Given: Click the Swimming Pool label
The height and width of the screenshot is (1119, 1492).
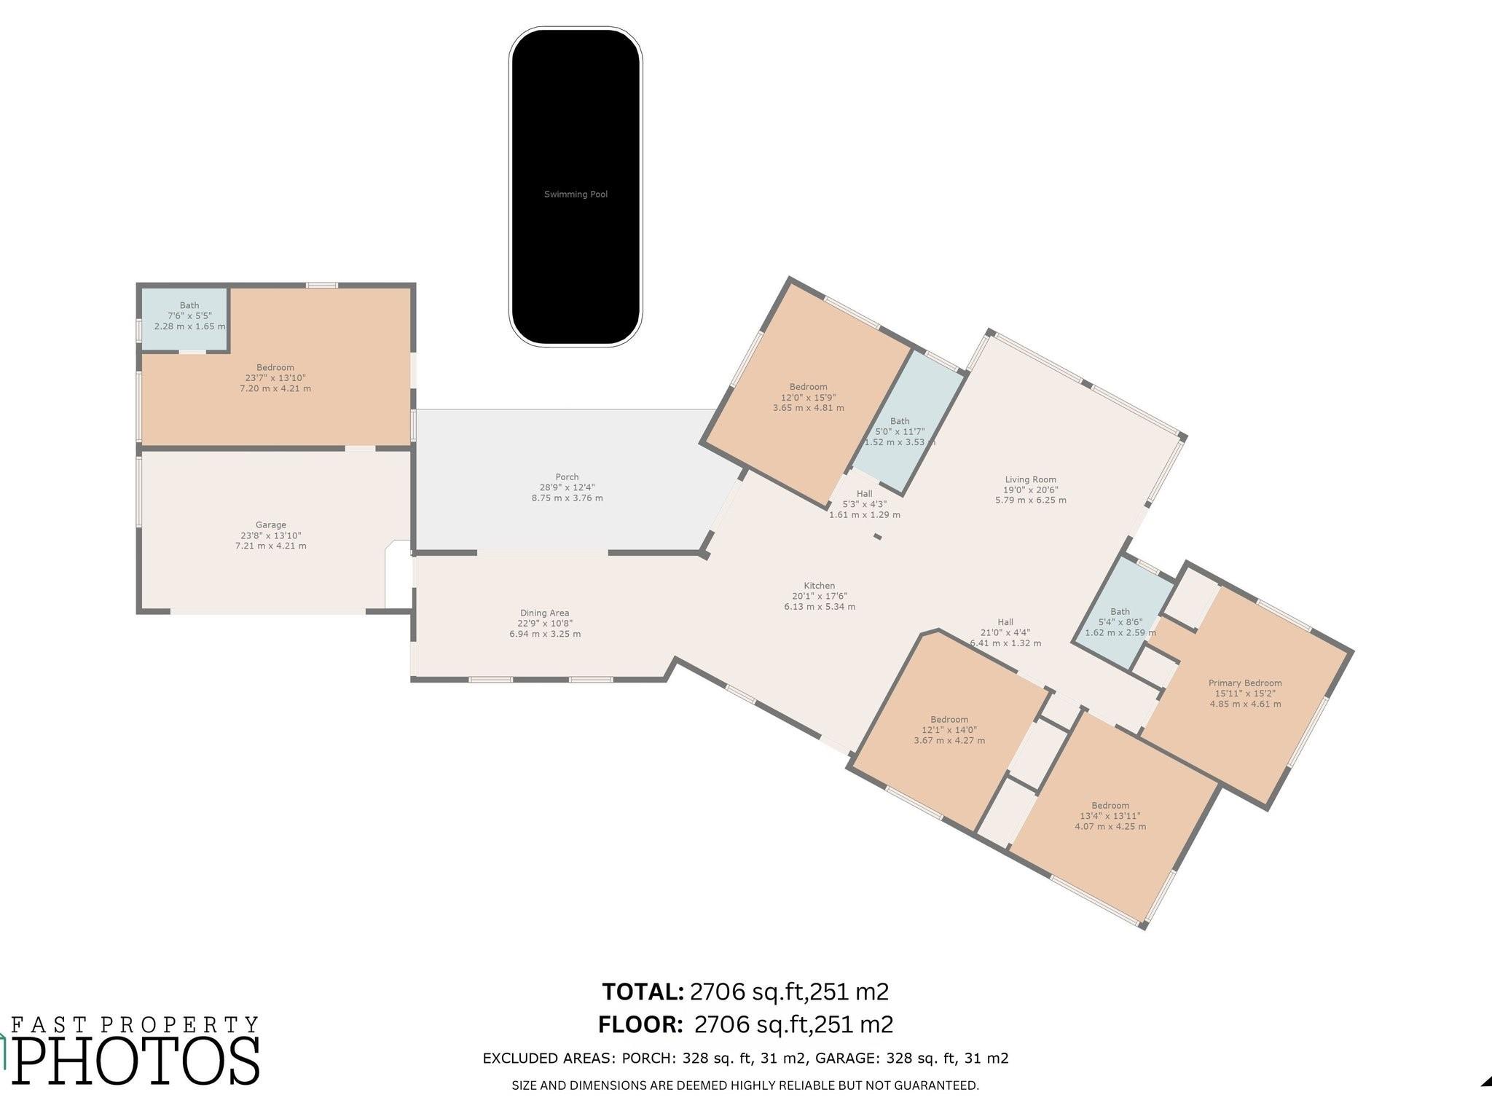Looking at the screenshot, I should (x=576, y=195).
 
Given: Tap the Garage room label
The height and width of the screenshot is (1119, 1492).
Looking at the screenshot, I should (x=270, y=525).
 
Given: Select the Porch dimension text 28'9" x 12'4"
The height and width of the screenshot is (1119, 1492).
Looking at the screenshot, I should (x=567, y=487).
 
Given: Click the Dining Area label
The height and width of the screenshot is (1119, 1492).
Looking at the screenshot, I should (x=544, y=613).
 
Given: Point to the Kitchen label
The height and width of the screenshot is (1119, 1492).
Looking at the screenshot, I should (x=819, y=586).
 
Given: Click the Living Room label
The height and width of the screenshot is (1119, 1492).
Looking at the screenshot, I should (x=1030, y=479).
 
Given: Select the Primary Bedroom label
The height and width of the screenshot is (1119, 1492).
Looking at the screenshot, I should (x=1245, y=683).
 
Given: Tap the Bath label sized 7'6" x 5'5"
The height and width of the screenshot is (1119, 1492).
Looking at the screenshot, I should (x=189, y=306).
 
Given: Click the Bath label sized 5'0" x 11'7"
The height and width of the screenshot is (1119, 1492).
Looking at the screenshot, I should (x=900, y=421).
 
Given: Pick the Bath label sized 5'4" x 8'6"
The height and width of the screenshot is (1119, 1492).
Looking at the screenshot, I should (x=1120, y=612).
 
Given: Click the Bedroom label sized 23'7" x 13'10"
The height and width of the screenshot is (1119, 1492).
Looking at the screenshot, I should (x=275, y=368).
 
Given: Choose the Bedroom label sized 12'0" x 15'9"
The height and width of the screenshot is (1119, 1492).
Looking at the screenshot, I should (x=808, y=387).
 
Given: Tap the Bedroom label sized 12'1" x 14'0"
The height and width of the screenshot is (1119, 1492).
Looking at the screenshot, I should (x=949, y=719).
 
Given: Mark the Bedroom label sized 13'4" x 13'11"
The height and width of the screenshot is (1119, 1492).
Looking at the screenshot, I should (x=1110, y=806).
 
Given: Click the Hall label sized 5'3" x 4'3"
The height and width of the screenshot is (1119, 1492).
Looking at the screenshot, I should (x=864, y=494).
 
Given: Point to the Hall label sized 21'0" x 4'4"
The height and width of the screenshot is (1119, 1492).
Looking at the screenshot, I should (x=1005, y=622).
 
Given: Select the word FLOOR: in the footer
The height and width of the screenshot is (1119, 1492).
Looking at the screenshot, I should (x=640, y=1025).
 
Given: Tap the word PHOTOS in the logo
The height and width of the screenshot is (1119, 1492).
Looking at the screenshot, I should (x=136, y=1061).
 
